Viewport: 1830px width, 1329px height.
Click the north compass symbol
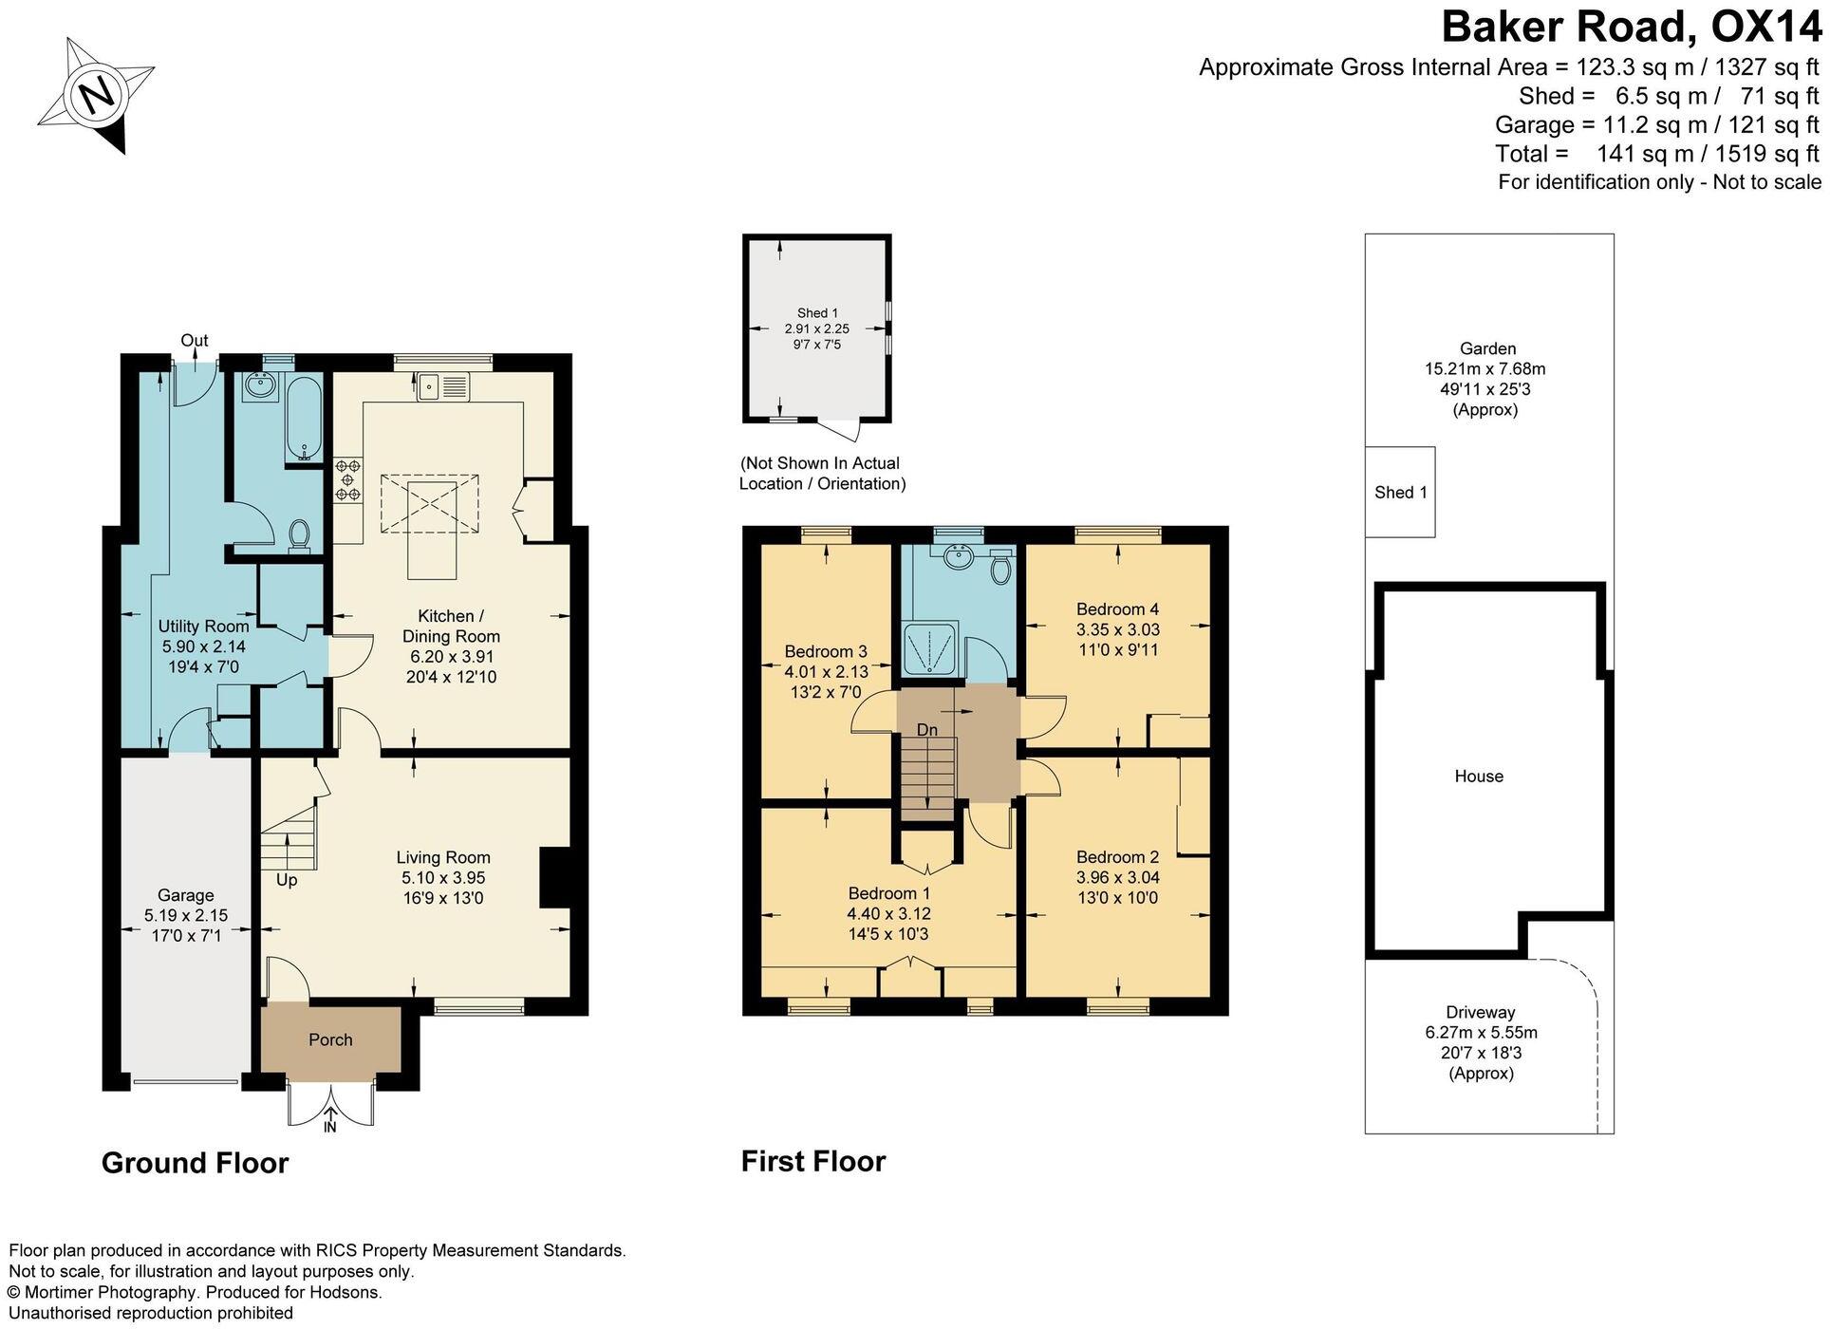pyautogui.click(x=96, y=94)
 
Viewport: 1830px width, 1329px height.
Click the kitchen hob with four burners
pyautogui.click(x=348, y=479)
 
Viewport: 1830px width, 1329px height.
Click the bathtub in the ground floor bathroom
pyautogui.click(x=305, y=419)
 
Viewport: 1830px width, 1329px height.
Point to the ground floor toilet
pyautogui.click(x=300, y=534)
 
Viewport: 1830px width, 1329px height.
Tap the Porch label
pyautogui.click(x=330, y=1039)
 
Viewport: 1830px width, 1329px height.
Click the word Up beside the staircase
pyautogui.click(x=287, y=880)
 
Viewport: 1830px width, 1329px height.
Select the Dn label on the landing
pyautogui.click(x=927, y=729)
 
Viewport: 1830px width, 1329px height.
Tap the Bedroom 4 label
pyautogui.click(x=1117, y=608)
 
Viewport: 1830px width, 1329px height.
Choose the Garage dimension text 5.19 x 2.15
pyautogui.click(x=186, y=915)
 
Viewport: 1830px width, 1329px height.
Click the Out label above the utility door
pyautogui.click(x=195, y=340)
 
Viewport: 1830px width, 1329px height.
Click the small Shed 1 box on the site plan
pyautogui.click(x=1400, y=492)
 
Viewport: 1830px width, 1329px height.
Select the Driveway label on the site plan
pyautogui.click(x=1480, y=1012)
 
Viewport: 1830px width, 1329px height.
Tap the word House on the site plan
pyautogui.click(x=1479, y=776)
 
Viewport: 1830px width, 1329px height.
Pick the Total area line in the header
pyautogui.click(x=1656, y=153)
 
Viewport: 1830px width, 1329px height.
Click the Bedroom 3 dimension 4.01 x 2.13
pyautogui.click(x=826, y=671)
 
